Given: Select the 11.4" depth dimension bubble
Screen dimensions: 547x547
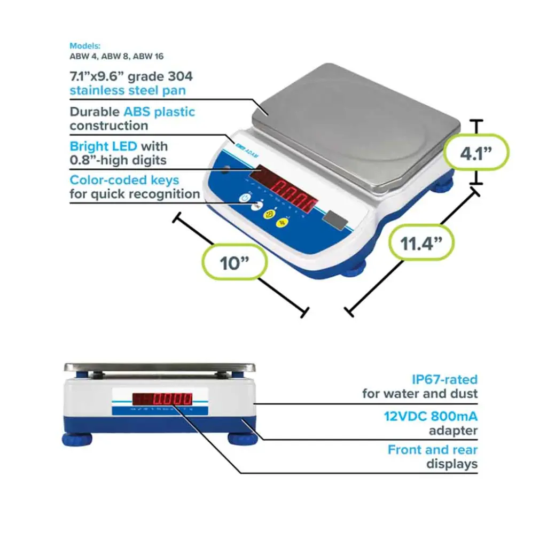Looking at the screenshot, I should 422,243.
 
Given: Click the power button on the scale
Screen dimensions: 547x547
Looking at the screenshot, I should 245,198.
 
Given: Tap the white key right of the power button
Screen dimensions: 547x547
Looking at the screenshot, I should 256,207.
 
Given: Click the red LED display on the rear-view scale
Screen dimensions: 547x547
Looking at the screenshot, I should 163,398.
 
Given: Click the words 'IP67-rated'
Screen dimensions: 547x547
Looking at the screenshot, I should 444,380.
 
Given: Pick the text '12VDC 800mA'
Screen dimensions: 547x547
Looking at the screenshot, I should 431,416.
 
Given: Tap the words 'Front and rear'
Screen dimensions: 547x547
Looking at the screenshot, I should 432,450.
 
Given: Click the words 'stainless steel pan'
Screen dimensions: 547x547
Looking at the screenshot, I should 128,90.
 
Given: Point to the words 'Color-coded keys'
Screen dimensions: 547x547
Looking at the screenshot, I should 124,180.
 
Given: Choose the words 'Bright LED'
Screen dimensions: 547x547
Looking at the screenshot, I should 103,146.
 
